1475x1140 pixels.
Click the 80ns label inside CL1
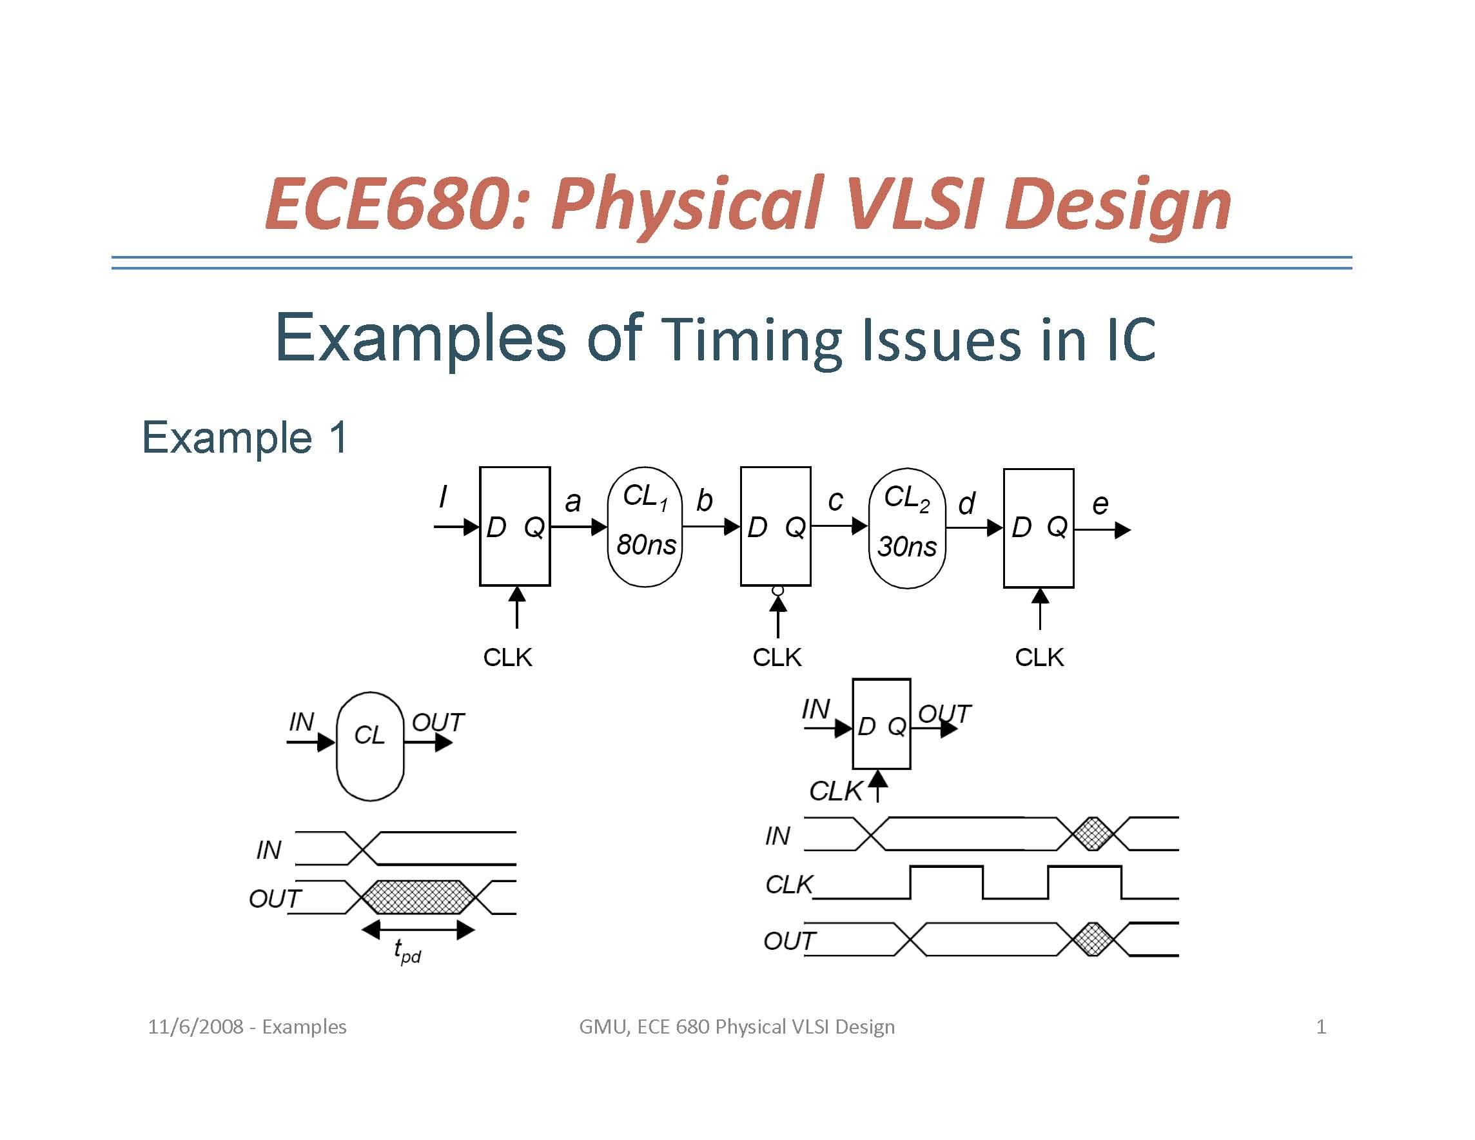(646, 544)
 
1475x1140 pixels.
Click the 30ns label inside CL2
(906, 545)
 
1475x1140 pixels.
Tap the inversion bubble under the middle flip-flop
(777, 590)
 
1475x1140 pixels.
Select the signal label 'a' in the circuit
(572, 502)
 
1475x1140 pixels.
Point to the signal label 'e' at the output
(1100, 504)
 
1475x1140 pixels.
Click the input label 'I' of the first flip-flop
(442, 497)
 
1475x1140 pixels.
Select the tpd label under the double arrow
(407, 951)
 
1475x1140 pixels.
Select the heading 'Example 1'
(244, 437)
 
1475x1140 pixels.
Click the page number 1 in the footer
(1321, 1027)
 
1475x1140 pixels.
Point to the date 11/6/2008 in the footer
(195, 1027)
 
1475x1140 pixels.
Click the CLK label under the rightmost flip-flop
(1039, 657)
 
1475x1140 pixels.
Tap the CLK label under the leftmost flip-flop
(507, 657)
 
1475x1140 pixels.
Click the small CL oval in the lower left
(370, 745)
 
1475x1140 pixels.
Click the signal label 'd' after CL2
(966, 504)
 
